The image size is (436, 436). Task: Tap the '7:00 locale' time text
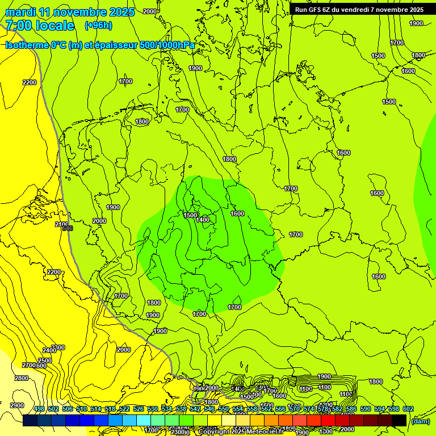point(40,26)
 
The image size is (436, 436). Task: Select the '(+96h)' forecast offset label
point(98,26)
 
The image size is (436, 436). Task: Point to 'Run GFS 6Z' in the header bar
point(315,10)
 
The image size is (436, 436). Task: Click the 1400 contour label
point(203,220)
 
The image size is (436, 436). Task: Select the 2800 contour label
point(22,378)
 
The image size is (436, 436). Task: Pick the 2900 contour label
point(17,405)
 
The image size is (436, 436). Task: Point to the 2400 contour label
point(49,350)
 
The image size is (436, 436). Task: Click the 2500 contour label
point(45,360)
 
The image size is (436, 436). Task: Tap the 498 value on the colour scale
point(39,409)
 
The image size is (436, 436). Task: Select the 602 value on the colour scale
point(408,409)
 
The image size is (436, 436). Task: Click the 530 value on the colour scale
point(153,409)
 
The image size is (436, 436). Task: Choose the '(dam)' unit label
point(420,421)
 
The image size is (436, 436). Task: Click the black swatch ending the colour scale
point(399,420)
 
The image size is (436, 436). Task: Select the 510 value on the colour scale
point(82,409)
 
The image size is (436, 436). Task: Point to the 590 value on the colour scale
point(366,409)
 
